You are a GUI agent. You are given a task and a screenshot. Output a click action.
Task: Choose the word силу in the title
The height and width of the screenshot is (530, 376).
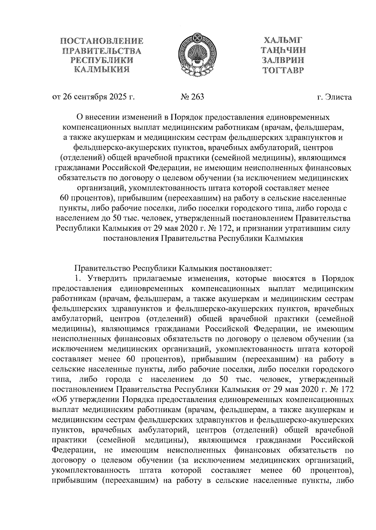(x=342, y=228)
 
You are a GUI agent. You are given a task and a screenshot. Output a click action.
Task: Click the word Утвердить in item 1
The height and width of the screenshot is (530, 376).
(x=107, y=279)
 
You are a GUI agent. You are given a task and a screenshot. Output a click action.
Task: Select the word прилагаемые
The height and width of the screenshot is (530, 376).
(x=157, y=279)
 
